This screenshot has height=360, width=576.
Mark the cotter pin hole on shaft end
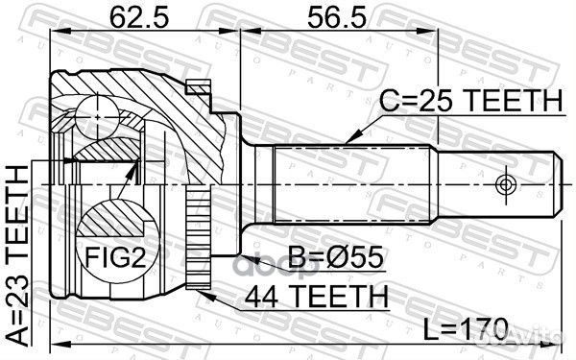tap(503, 183)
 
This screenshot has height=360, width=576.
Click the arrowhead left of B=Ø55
tap(241, 258)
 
